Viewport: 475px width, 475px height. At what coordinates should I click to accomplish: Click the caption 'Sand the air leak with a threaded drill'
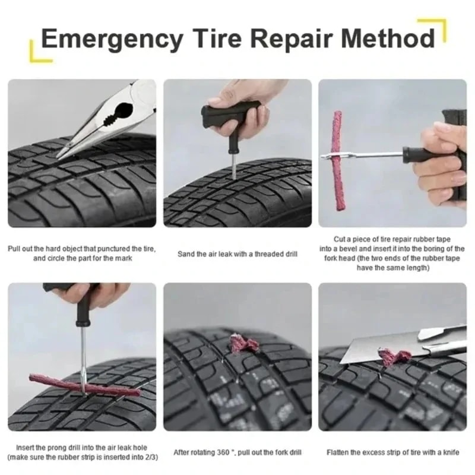(237, 254)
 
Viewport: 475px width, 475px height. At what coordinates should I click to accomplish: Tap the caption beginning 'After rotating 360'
(237, 452)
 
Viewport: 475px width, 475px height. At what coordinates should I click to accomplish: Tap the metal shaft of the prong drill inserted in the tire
(83, 356)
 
